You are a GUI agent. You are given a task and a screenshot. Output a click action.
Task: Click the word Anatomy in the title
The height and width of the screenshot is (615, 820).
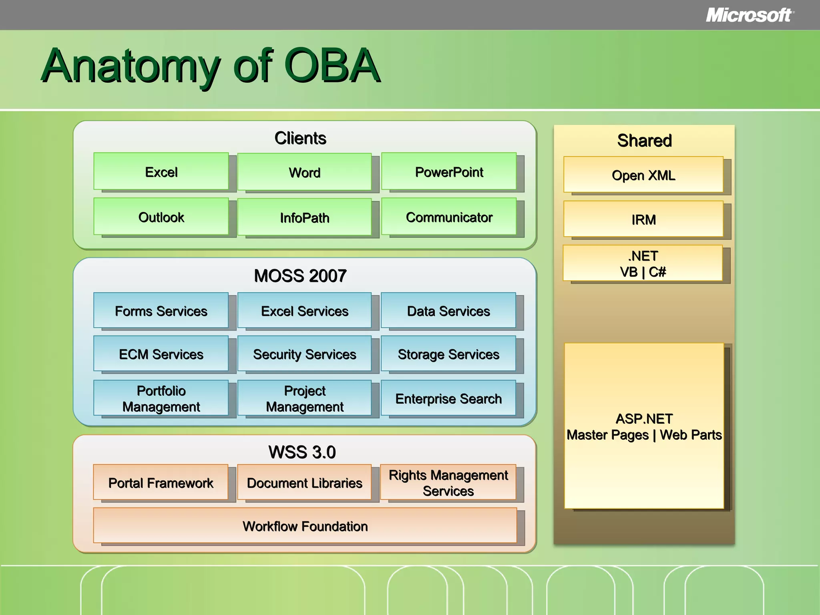point(131,66)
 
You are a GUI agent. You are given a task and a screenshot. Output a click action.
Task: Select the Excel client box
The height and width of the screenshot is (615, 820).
point(161,171)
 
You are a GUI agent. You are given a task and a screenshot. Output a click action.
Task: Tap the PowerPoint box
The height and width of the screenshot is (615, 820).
point(449,171)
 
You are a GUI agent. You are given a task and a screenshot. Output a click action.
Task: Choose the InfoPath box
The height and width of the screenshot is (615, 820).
point(304,217)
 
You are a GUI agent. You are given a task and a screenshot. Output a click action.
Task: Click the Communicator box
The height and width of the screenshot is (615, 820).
point(449,217)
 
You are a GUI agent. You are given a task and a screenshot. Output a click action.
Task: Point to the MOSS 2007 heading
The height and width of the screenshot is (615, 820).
point(300,276)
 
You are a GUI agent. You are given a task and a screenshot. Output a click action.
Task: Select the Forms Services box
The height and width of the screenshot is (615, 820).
point(161,311)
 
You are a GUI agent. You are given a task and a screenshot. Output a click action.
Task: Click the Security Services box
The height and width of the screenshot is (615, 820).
point(304,354)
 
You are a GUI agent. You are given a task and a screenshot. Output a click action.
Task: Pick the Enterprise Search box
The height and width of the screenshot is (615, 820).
point(448,398)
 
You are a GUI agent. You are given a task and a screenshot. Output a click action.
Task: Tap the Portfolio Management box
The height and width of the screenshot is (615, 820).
point(161,398)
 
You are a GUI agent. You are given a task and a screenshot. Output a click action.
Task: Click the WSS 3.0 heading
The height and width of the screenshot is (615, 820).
point(302,452)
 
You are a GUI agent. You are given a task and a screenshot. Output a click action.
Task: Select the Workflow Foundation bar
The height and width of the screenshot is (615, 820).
point(305,526)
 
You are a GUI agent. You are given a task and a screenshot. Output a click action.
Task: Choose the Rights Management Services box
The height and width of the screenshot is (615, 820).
point(448,482)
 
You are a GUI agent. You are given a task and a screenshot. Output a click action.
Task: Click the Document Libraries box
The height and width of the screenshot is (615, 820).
point(304,482)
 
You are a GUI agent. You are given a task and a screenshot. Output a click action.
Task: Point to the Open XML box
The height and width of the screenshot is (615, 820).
point(643,175)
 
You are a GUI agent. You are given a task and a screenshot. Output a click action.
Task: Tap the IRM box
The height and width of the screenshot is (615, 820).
point(643,219)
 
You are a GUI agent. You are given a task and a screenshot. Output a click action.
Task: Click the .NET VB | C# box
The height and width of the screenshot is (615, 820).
point(643,263)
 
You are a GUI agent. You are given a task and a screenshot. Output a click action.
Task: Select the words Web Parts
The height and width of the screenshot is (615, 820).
point(691,435)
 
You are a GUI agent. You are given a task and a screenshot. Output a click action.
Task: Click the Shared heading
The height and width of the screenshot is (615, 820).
point(644,141)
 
